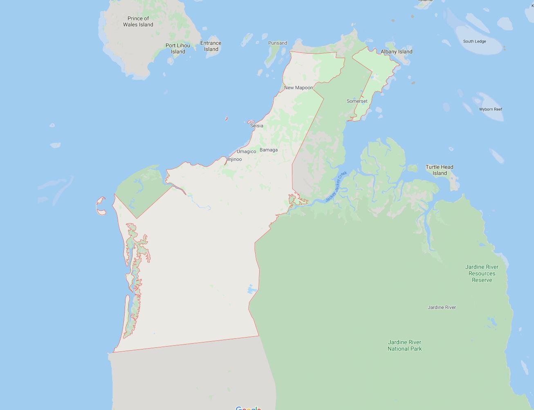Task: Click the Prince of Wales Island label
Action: tap(138, 21)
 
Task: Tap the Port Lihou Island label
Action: tap(178, 48)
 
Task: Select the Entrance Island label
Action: tap(211, 46)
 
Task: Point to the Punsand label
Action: tap(278, 43)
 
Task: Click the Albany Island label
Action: tap(396, 52)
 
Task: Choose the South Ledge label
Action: tap(474, 41)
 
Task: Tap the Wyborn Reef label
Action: tap(491, 109)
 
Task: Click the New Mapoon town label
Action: tap(298, 88)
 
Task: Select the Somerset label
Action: tap(357, 101)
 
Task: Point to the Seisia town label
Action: tap(257, 126)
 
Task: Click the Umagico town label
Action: tap(246, 151)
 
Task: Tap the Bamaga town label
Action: tap(269, 150)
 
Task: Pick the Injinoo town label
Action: tap(235, 159)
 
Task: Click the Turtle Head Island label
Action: tap(440, 170)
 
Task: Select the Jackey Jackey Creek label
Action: tap(336, 187)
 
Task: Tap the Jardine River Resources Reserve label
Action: tap(482, 273)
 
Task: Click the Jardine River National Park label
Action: tap(404, 345)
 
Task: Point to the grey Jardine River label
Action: tap(442, 307)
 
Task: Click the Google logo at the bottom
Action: tap(248, 408)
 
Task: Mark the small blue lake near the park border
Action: tap(251, 290)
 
